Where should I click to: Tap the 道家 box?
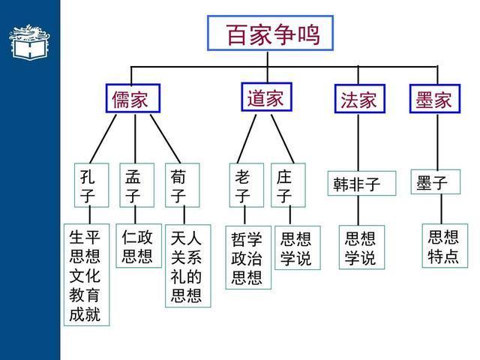point(265,97)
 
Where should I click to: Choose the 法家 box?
point(358,100)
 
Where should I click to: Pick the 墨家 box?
point(433,100)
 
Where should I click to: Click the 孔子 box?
point(89,186)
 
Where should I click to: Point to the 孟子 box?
point(135,186)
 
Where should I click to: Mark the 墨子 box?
point(434,182)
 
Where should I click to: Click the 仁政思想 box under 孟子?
point(137,247)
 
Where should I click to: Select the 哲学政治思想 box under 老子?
point(247,258)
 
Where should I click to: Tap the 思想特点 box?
point(443,246)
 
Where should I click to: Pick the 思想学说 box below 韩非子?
point(360,248)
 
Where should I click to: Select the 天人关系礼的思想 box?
point(187,265)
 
